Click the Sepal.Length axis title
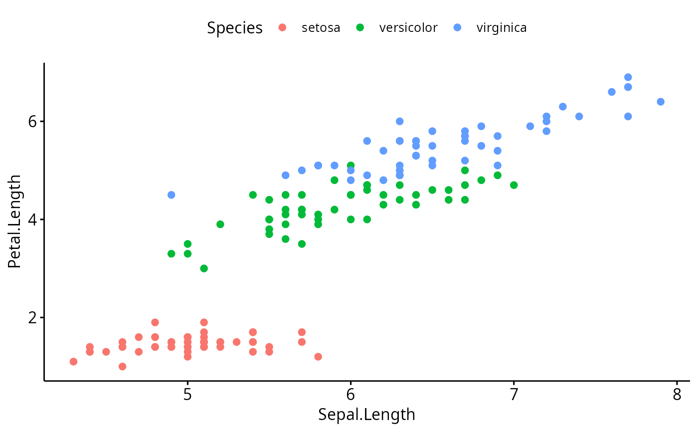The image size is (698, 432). click(x=366, y=415)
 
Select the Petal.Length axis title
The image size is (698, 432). click(x=14, y=221)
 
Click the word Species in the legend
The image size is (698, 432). click(x=234, y=28)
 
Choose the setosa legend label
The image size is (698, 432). click(x=321, y=28)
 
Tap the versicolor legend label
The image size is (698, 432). click(x=408, y=28)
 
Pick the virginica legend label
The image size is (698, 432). click(x=501, y=28)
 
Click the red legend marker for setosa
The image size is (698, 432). click(x=282, y=28)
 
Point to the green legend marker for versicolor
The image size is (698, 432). click(x=360, y=28)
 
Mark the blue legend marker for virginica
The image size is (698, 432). click(x=457, y=28)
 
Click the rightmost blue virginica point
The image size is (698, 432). click(x=661, y=102)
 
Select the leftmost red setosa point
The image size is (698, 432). click(x=73, y=362)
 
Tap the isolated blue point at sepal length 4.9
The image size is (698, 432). click(x=172, y=195)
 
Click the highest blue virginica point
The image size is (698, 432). click(x=628, y=77)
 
